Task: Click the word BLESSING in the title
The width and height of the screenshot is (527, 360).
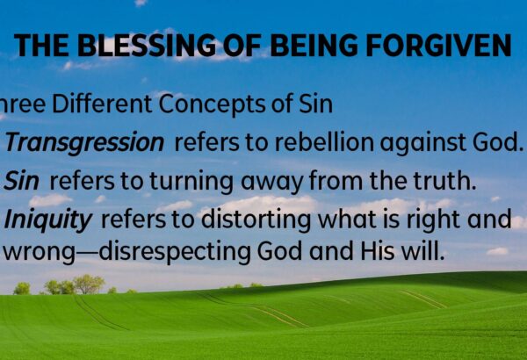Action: tap(147, 45)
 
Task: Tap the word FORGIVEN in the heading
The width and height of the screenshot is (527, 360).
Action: tap(438, 45)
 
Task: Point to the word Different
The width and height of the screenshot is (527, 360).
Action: tap(102, 104)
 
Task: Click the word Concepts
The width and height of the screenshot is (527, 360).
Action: tap(212, 104)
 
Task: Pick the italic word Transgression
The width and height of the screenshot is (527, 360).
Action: tap(84, 143)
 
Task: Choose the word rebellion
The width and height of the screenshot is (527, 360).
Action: tap(323, 142)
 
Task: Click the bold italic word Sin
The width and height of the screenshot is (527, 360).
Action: tap(21, 181)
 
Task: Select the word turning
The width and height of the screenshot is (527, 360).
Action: tap(191, 182)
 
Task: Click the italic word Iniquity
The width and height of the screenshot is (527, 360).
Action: tap(47, 220)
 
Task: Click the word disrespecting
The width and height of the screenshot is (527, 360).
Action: tap(175, 252)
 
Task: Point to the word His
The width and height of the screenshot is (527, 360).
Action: tap(378, 251)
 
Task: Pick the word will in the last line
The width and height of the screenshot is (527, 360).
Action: tap(422, 251)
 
